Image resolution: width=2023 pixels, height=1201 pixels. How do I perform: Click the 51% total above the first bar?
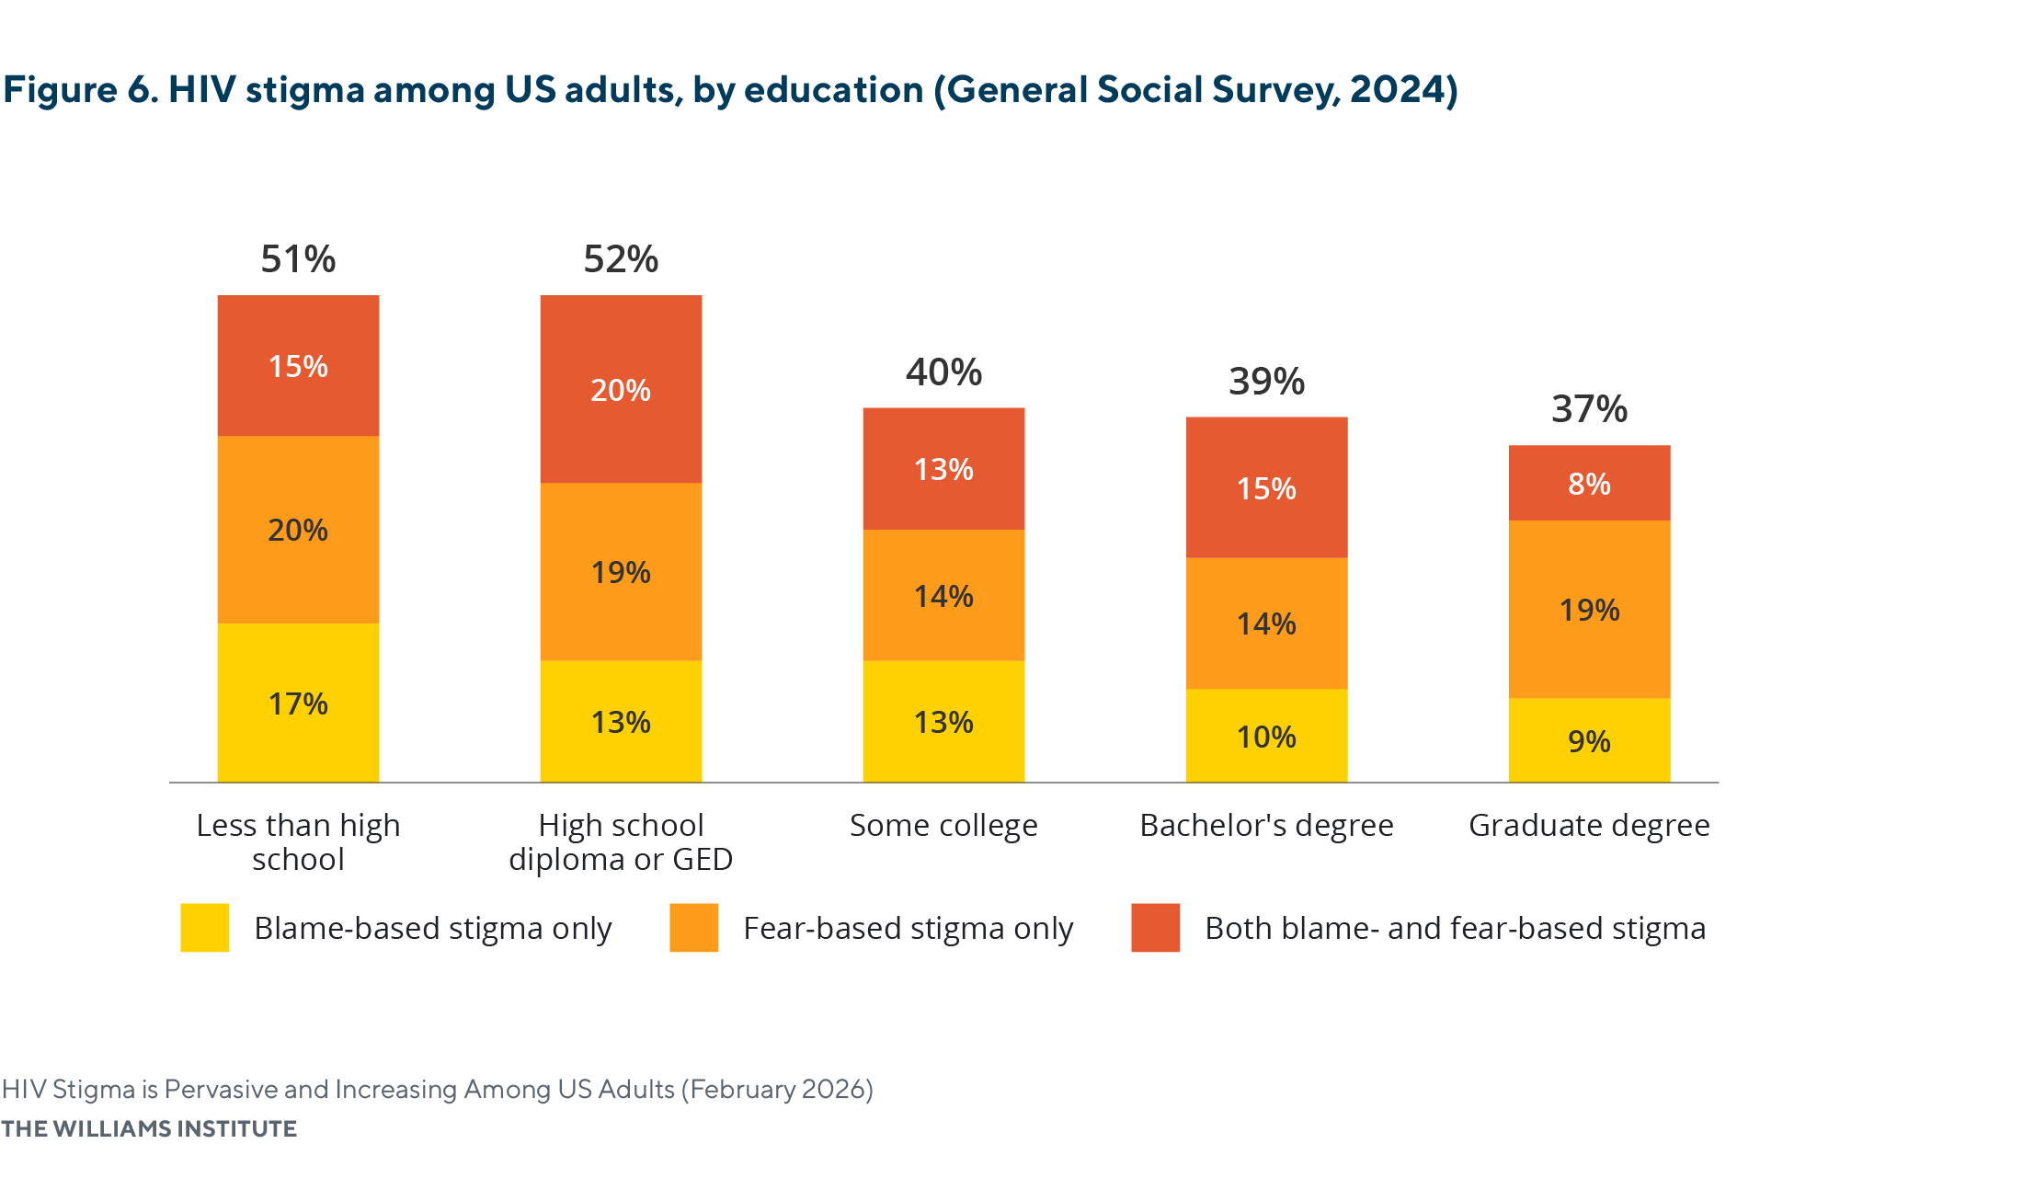(x=298, y=259)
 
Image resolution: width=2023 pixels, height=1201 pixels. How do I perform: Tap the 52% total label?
(x=621, y=259)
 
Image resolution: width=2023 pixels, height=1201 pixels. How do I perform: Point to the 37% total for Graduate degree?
(x=1589, y=409)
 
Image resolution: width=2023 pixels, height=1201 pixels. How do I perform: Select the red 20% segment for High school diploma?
(x=621, y=390)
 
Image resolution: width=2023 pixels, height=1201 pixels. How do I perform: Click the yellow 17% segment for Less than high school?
(x=298, y=703)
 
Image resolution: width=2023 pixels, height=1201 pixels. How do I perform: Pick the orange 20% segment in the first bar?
(x=298, y=530)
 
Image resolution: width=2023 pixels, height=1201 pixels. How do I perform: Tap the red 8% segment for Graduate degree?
(x=1589, y=484)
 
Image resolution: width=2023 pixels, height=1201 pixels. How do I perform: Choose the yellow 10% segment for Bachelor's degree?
(x=1266, y=737)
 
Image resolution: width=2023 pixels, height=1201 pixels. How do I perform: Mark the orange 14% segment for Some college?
(x=943, y=596)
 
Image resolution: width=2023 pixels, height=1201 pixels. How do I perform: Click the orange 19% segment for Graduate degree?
(x=1589, y=610)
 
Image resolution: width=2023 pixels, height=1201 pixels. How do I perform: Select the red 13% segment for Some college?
(x=943, y=469)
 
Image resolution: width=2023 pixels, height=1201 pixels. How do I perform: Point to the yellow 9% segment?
(x=1589, y=741)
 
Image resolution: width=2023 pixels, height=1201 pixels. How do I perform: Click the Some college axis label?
(x=943, y=826)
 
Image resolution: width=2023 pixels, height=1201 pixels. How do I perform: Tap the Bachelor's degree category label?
(x=1266, y=826)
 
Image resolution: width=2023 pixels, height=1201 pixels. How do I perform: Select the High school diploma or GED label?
(x=621, y=842)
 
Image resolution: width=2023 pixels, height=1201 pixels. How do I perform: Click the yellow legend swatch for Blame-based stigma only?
(x=204, y=928)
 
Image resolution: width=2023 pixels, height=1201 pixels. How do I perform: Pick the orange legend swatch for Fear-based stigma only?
(x=693, y=928)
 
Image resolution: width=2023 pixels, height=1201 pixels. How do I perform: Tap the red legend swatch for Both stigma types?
(x=1155, y=928)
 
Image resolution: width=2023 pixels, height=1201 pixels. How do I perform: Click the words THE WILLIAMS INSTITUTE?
(x=149, y=1129)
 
